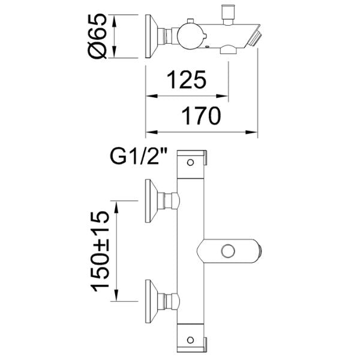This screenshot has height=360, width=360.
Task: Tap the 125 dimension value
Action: pyautogui.click(x=187, y=79)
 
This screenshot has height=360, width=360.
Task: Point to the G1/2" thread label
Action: pyautogui.click(x=139, y=157)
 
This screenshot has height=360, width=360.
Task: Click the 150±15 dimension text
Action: pyautogui.click(x=101, y=251)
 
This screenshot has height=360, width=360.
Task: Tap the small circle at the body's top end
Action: pyautogui.click(x=191, y=162)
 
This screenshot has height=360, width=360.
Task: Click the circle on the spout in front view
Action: pyautogui.click(x=227, y=250)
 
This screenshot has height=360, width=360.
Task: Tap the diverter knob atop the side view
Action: pyautogui.click(x=228, y=13)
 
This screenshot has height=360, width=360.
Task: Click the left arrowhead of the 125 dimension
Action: pyautogui.click(x=149, y=95)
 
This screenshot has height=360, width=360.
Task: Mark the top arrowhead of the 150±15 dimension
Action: pyautogui.click(x=118, y=202)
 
